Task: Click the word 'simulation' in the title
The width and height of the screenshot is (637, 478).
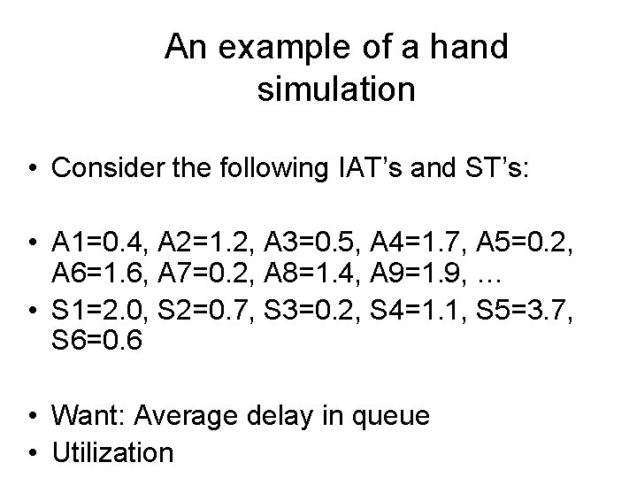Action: [336, 89]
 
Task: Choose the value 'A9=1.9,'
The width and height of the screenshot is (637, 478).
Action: [420, 277]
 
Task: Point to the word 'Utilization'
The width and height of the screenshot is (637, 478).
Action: [113, 453]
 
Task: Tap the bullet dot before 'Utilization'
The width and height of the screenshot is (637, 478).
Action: [33, 453]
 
